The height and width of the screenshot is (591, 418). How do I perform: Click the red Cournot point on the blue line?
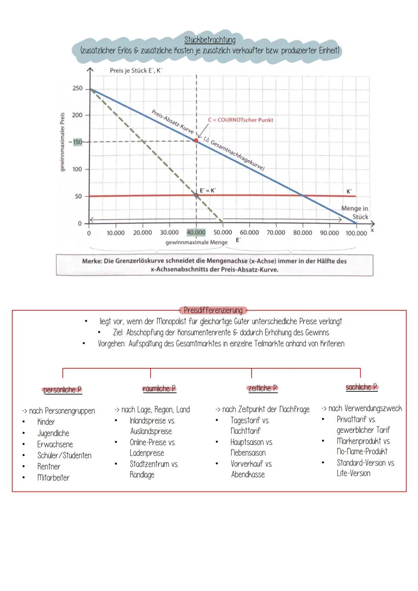[196, 140]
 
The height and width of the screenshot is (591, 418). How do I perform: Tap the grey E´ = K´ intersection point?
[196, 195]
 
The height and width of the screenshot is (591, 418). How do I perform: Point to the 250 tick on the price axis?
[77, 89]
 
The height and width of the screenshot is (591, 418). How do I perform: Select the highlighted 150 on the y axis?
[77, 142]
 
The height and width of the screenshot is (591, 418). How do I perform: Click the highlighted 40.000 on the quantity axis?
[196, 233]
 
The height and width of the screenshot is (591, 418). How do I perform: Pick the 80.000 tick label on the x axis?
[303, 233]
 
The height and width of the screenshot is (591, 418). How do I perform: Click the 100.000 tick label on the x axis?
[356, 233]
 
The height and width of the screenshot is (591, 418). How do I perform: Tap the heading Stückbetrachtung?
[210, 40]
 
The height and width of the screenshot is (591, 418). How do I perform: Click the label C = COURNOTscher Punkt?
[240, 120]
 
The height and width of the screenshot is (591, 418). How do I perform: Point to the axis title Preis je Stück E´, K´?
[135, 70]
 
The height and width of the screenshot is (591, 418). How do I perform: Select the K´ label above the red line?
[349, 191]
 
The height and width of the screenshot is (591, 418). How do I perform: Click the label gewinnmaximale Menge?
[196, 242]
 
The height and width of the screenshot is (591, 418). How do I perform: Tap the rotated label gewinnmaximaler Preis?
[62, 142]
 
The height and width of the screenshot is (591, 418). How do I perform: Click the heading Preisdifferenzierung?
[213, 310]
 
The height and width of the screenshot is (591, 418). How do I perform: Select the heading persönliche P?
[62, 390]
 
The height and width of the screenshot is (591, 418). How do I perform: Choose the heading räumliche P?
[159, 389]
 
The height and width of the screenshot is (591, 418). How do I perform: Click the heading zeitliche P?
[262, 388]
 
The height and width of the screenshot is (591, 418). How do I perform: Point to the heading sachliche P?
[361, 387]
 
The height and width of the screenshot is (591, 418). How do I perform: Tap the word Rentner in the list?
[49, 466]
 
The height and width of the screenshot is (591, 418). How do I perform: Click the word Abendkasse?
[248, 475]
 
